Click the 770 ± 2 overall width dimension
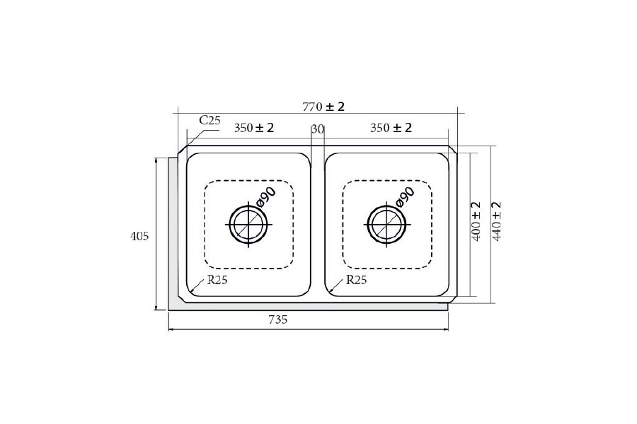(x=323, y=107)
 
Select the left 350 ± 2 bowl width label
(x=254, y=128)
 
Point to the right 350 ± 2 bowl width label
(x=391, y=128)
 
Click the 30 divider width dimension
(x=318, y=129)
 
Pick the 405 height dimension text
(x=139, y=236)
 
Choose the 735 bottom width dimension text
(x=278, y=319)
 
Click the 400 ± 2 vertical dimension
(x=476, y=220)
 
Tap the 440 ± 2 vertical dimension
(x=497, y=221)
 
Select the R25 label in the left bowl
(x=217, y=280)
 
